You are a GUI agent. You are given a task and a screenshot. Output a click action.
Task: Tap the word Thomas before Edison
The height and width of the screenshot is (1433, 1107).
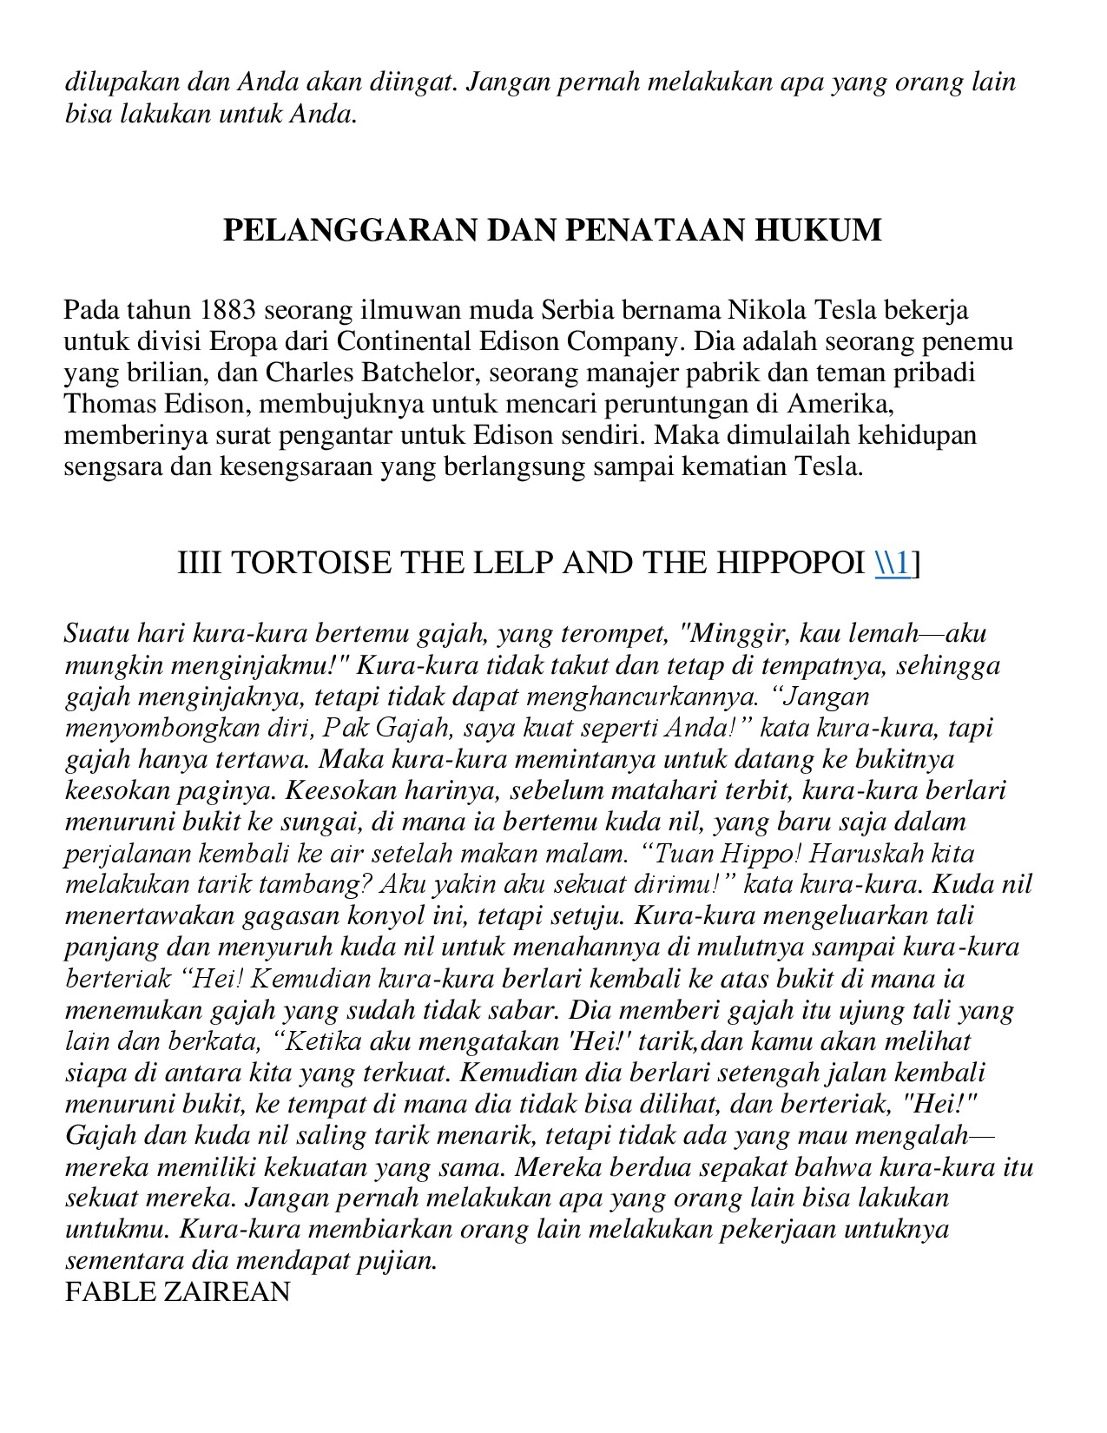pos(109,404)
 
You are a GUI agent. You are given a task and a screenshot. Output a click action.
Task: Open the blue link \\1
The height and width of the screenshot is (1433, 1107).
pos(893,564)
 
